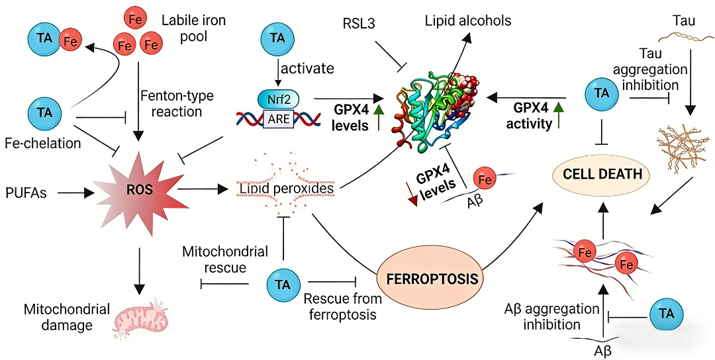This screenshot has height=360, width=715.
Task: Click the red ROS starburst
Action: click(140, 190)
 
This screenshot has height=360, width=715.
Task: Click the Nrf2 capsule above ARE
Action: click(278, 100)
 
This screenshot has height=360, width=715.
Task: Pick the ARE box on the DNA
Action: click(279, 119)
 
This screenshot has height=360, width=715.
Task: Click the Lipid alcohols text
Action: click(468, 21)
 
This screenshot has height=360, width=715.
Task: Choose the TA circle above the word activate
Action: click(278, 38)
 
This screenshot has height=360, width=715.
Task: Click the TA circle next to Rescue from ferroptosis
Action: click(283, 284)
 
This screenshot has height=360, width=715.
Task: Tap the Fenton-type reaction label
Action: click(177, 103)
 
